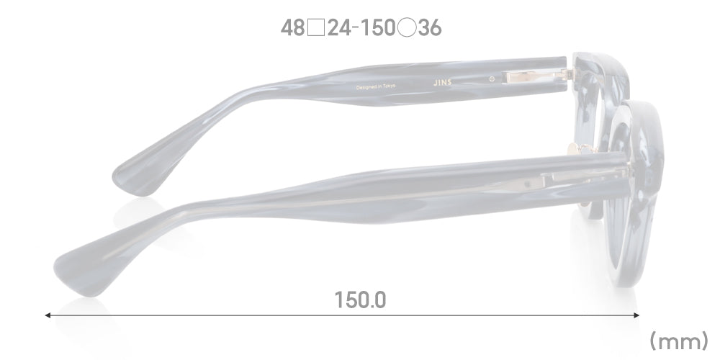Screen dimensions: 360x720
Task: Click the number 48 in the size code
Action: tap(293, 29)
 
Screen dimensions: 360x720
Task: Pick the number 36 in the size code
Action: tap(429, 29)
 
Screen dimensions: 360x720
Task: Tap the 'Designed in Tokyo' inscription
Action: tap(376, 87)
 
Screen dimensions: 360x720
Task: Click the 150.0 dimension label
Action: tap(360, 299)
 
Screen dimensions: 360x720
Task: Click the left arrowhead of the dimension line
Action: tap(48, 315)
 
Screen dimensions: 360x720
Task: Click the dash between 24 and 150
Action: tap(356, 29)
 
